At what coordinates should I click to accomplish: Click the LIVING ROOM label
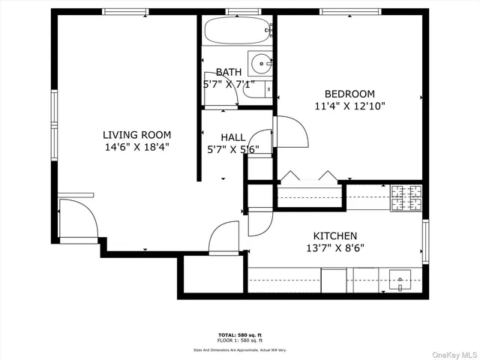(x=136, y=135)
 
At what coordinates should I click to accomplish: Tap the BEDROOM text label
(x=349, y=94)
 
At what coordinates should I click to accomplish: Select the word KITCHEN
(x=334, y=235)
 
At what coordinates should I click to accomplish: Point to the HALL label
(x=232, y=137)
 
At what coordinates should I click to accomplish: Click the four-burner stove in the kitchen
(x=406, y=197)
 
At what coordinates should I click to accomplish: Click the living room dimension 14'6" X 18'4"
(x=137, y=148)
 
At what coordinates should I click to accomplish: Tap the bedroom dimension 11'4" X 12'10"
(x=349, y=106)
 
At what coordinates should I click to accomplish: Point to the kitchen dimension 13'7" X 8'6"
(x=334, y=247)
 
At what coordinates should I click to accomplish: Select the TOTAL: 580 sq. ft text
(x=240, y=334)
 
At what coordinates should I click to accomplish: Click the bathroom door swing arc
(x=219, y=91)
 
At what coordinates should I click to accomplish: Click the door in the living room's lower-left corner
(x=77, y=219)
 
